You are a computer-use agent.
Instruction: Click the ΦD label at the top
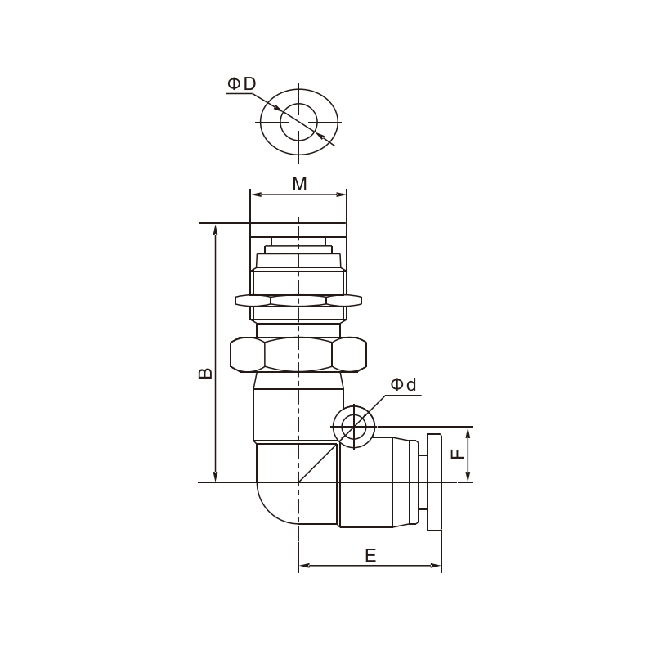pos(241,84)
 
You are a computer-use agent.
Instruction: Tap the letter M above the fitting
pos(299,184)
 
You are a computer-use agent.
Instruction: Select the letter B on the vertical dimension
pos(205,374)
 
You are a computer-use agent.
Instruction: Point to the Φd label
pos(403,384)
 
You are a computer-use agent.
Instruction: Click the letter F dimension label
pos(459,455)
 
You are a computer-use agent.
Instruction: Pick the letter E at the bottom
pos(370,556)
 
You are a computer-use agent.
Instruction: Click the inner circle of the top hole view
pos(298,122)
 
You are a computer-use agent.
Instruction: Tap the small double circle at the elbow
pos(354,427)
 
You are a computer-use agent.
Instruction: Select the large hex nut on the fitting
pos(298,355)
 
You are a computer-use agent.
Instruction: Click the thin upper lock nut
pos(298,300)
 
